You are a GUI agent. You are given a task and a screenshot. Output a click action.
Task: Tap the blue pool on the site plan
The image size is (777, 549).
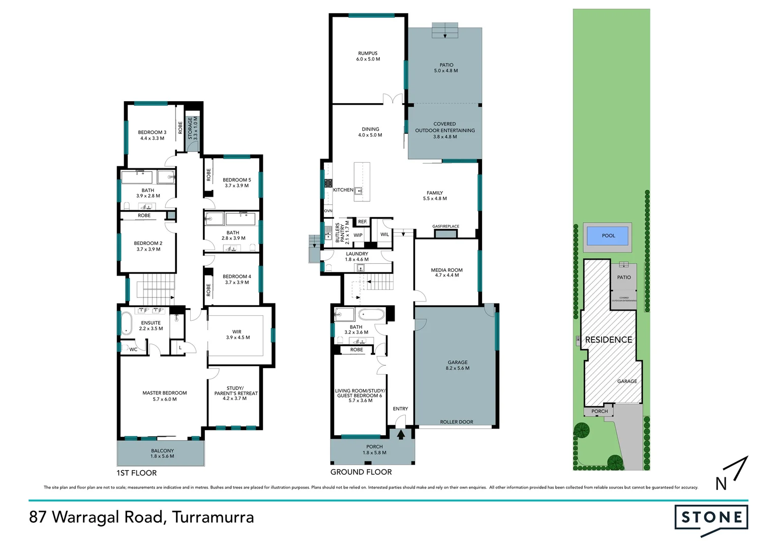[608, 236]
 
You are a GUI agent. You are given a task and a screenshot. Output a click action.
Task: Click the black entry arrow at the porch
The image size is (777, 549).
[401, 434]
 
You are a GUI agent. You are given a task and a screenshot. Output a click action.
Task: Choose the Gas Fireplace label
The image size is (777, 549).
[445, 226]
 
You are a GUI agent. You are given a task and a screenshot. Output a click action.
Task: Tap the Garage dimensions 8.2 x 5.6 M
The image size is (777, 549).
[457, 368]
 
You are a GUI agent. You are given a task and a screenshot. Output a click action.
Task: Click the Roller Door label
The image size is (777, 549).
[456, 422]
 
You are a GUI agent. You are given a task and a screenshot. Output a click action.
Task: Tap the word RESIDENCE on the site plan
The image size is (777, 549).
[608, 340]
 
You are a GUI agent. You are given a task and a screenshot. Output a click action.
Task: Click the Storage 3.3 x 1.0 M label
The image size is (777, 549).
[193, 129]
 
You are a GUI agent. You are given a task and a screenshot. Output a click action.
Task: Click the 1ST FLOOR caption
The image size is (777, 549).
[136, 473]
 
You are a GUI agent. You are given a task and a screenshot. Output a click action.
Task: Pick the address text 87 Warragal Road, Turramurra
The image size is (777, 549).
[141, 517]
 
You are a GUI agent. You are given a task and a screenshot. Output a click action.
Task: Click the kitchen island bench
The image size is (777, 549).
[362, 181]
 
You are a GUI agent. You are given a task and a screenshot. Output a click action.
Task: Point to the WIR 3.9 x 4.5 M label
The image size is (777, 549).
[237, 334]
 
